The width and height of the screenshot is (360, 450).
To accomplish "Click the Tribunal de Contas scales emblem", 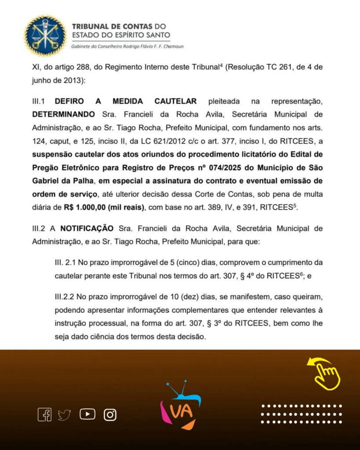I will point(45,36).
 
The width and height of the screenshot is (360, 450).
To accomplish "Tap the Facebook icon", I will point(44,414).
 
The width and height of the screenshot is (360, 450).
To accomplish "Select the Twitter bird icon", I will point(64,415).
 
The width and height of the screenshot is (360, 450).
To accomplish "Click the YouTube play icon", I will point(87,414).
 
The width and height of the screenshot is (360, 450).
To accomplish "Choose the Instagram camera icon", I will point(110,414).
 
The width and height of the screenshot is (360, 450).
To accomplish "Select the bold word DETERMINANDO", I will point(63,114).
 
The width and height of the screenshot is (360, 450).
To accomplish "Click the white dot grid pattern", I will point(302,414).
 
